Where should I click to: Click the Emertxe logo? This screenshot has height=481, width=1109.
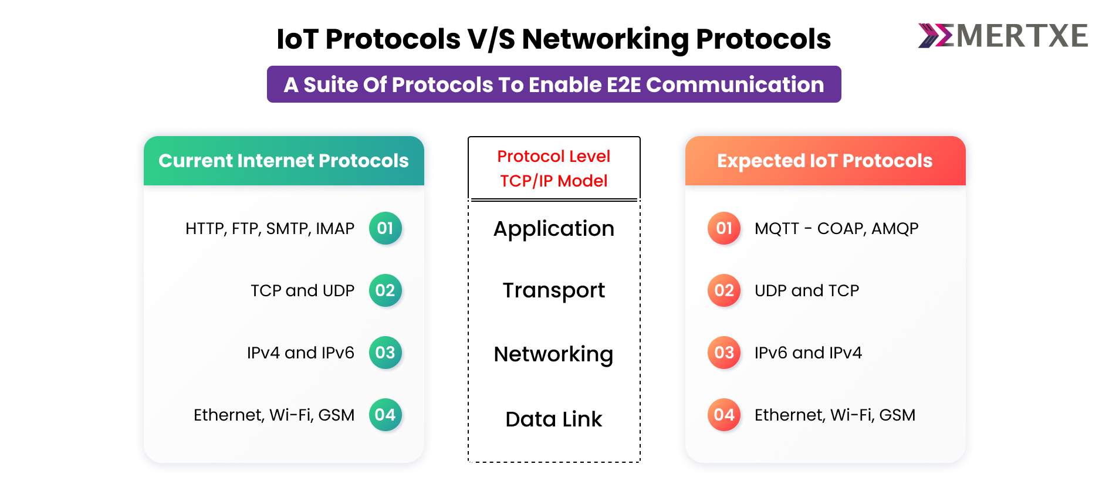pyautogui.click(x=1003, y=36)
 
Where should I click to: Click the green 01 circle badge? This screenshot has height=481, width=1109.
pyautogui.click(x=385, y=228)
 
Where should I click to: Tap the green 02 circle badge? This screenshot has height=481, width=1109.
pyautogui.click(x=385, y=290)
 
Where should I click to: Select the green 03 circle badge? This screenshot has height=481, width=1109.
pyautogui.click(x=385, y=353)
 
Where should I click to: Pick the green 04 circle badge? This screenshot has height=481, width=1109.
pyautogui.click(x=385, y=415)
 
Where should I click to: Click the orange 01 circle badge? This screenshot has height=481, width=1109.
pyautogui.click(x=724, y=228)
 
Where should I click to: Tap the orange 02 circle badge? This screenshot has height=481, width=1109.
pyautogui.click(x=724, y=290)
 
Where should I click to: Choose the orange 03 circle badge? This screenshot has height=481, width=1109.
pyautogui.click(x=724, y=353)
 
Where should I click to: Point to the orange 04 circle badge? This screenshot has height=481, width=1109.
pyautogui.click(x=724, y=415)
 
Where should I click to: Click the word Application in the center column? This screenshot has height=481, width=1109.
pyautogui.click(x=554, y=229)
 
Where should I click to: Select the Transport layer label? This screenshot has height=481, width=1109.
pyautogui.click(x=554, y=291)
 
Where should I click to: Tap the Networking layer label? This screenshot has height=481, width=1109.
pyautogui.click(x=554, y=355)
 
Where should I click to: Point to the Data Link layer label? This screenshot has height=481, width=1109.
pyautogui.click(x=554, y=419)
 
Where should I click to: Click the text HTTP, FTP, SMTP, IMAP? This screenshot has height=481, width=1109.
pyautogui.click(x=270, y=229)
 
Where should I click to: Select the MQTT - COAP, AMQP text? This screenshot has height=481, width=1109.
pyautogui.click(x=837, y=229)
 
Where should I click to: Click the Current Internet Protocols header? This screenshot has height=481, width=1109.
pyautogui.click(x=284, y=161)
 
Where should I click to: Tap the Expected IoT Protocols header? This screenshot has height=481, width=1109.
pyautogui.click(x=826, y=161)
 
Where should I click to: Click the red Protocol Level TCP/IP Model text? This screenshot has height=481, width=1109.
pyautogui.click(x=554, y=168)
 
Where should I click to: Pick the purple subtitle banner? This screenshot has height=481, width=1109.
pyautogui.click(x=554, y=84)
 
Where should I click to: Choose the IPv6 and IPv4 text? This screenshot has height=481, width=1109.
pyautogui.click(x=808, y=353)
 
